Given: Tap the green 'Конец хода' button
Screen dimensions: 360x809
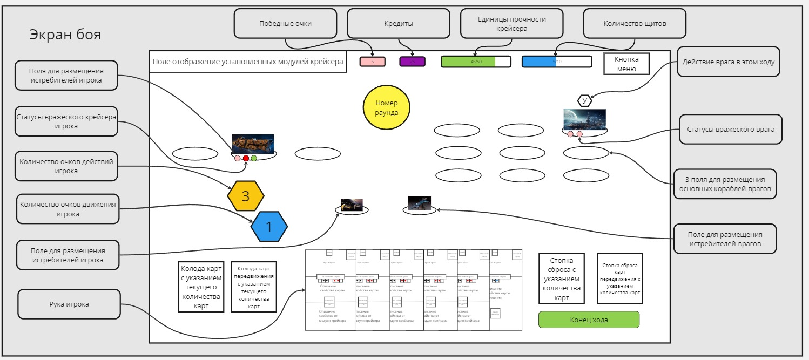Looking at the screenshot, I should tap(589, 320).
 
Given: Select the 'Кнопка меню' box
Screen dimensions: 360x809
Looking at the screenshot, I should tap(626, 64).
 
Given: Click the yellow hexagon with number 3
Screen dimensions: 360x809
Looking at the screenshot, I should tap(246, 195).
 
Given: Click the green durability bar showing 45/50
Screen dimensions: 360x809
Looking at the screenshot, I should tap(475, 62).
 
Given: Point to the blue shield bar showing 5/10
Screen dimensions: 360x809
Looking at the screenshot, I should tap(557, 62).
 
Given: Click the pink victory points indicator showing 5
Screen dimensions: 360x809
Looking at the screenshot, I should tap(372, 62).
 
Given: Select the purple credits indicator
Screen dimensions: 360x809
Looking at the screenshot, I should tap(413, 62).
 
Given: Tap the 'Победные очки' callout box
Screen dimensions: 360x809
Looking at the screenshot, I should tap(285, 24).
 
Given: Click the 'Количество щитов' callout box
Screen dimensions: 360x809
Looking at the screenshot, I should tap(635, 24).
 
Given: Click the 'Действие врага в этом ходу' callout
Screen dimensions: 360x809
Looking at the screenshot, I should tap(728, 62).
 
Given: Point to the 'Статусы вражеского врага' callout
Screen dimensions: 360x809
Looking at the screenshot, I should tap(731, 129).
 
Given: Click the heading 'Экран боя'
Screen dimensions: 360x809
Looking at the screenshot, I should tap(65, 35).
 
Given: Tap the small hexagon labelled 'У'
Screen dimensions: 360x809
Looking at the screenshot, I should tap(585, 100).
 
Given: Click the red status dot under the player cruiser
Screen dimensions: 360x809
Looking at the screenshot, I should tap(246, 159).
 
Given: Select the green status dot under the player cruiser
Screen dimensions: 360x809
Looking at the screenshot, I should tap(254, 159).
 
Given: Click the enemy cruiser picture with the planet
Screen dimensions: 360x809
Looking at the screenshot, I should tap(584, 119).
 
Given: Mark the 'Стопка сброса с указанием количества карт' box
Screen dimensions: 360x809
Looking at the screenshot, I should tap(562, 280).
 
